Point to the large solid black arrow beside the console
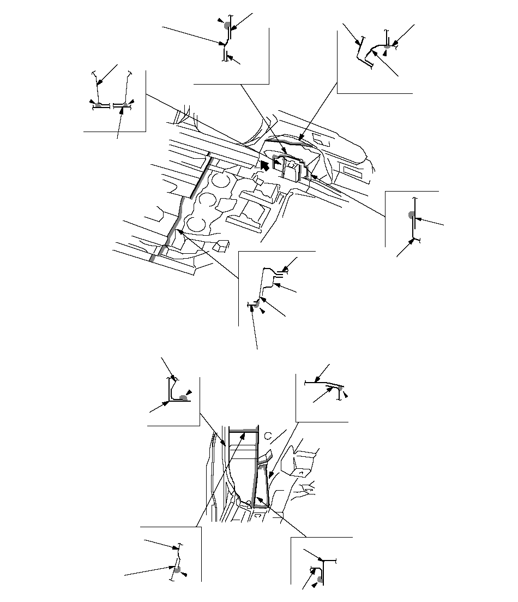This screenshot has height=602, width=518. pos(264,164)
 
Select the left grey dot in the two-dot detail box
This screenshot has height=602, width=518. pos(98,104)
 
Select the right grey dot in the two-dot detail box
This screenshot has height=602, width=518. pos(125,105)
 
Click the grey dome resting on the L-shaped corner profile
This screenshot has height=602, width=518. pos(184,398)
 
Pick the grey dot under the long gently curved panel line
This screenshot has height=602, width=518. pos(339,388)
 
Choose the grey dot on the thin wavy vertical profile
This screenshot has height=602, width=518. pos(177,570)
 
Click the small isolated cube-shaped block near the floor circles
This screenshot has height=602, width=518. pos(222,247)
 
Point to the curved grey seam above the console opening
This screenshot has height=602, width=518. pos(289,142)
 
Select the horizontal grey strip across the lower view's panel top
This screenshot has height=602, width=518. pos(244,431)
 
